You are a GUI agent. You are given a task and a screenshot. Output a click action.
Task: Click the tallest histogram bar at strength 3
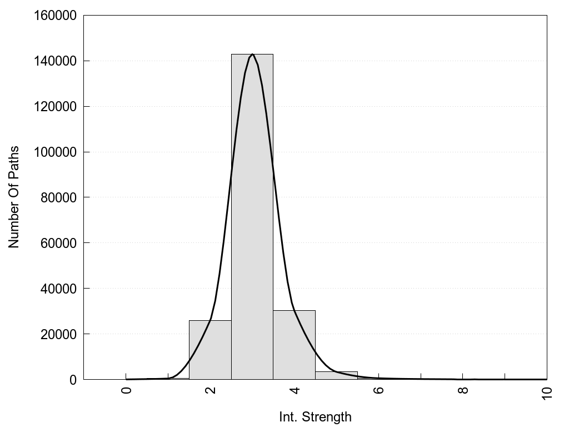tap(252, 217)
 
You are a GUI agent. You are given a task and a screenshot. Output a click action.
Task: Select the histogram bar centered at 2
tap(210, 350)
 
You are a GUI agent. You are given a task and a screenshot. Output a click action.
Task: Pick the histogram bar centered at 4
tap(294, 345)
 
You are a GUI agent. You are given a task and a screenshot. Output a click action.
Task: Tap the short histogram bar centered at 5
tap(336, 375)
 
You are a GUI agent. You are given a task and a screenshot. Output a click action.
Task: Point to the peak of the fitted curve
tap(253, 54)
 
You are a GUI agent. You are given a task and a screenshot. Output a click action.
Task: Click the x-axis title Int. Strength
tap(315, 416)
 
